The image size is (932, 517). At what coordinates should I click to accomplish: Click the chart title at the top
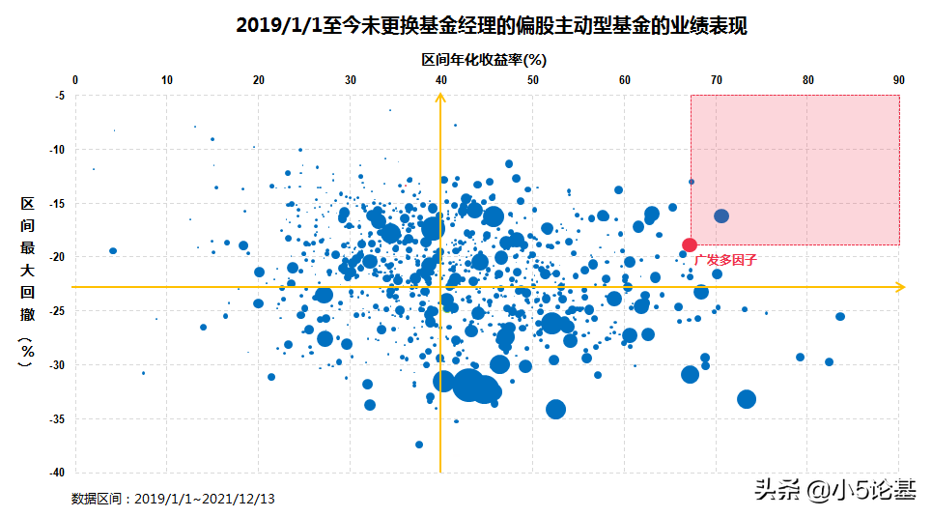tap(492, 25)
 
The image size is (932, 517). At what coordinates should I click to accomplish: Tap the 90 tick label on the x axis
tap(898, 80)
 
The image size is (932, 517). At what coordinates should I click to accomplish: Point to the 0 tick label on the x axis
tap(75, 80)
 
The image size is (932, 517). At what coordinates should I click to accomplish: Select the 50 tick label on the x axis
tap(533, 80)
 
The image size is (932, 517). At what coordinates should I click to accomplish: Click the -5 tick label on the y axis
tap(59, 96)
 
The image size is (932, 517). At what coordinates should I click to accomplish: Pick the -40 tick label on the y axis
tap(57, 473)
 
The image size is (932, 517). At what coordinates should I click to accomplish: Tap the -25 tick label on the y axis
tap(57, 311)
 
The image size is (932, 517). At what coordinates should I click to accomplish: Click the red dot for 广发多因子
tap(690, 245)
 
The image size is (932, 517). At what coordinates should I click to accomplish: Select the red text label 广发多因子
tap(720, 260)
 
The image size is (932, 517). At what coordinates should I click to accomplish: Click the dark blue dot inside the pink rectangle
tap(721, 215)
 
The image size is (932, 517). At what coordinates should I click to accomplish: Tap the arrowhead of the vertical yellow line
tap(441, 101)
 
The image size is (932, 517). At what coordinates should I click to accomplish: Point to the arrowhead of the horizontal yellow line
tap(900, 287)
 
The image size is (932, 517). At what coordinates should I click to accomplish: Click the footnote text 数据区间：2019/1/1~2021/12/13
tap(173, 499)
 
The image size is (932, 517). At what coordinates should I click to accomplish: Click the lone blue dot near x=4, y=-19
tap(113, 251)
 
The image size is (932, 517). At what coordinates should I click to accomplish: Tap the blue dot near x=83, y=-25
tap(840, 316)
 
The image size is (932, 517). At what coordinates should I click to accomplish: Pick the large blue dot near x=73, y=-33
tap(747, 399)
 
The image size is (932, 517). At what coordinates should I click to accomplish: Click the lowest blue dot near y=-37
tap(419, 445)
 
